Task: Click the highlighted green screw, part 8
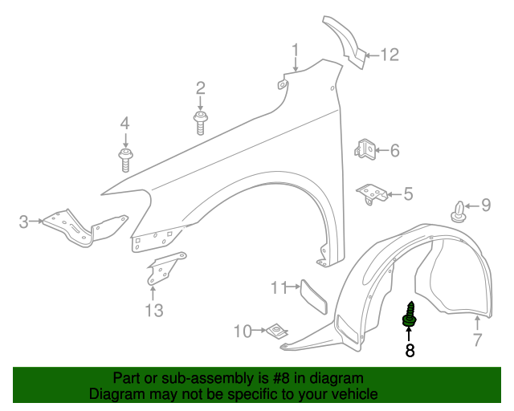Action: coord(410,315)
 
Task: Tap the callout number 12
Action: coord(390,55)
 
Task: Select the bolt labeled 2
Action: coord(200,123)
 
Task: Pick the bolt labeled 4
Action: coord(125,160)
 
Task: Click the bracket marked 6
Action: coord(365,149)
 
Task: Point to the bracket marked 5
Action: coord(372,194)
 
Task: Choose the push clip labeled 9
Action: coord(459,213)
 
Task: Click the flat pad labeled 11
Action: coord(314,297)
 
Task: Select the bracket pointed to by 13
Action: coord(165,269)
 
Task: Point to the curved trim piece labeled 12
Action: coord(345,42)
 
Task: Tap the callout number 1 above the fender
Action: coord(296,51)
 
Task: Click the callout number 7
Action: coord(478,340)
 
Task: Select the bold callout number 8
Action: coord(410,350)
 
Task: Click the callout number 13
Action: coord(154,310)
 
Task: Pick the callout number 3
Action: coord(23,222)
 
